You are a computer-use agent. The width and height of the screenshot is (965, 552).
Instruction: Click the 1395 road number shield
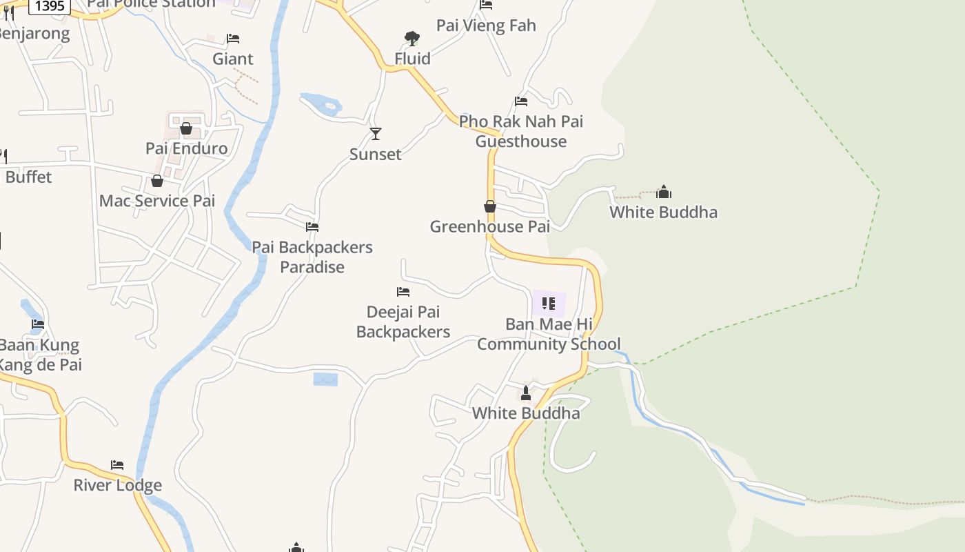click(50, 6)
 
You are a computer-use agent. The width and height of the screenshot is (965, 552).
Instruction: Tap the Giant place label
click(233, 59)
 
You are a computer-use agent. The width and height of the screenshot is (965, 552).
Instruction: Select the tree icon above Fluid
click(412, 38)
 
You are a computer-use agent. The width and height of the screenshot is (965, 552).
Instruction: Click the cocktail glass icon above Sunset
click(376, 133)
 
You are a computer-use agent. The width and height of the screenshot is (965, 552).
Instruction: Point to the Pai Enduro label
click(186, 148)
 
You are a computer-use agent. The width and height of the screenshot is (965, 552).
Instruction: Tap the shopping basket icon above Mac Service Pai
click(157, 181)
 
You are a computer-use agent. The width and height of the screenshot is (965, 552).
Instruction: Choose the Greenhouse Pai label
click(489, 226)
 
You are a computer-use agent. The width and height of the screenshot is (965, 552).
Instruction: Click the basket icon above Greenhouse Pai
click(490, 206)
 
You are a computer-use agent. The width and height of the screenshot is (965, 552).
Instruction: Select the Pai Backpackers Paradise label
click(312, 257)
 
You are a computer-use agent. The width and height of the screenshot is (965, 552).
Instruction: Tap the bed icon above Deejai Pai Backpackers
click(403, 292)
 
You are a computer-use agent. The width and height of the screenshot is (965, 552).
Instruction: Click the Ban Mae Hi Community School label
click(549, 334)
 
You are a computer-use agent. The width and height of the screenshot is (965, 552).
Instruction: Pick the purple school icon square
click(549, 304)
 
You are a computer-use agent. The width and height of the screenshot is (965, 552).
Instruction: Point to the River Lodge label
click(118, 485)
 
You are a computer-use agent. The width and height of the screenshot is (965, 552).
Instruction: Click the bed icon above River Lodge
click(117, 465)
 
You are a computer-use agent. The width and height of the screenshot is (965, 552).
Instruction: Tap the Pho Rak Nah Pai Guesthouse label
click(521, 131)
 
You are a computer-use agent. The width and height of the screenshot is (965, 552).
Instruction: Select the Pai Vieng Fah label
click(486, 26)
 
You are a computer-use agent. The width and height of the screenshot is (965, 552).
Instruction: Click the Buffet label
click(28, 177)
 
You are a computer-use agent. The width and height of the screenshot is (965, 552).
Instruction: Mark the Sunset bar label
click(376, 154)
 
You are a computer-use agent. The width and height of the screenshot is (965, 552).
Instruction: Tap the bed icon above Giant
click(233, 39)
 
